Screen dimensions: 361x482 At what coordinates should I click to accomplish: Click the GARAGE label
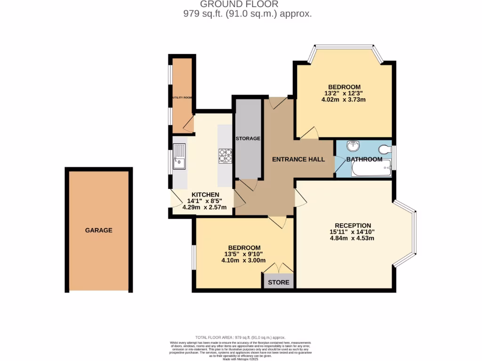(x=98, y=230)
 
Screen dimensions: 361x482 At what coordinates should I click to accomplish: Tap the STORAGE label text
(x=248, y=139)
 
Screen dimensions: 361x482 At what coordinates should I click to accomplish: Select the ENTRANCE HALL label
(x=298, y=159)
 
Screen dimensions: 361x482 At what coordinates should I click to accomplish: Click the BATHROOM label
(x=364, y=159)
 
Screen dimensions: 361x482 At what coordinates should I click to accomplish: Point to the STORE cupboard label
(x=279, y=283)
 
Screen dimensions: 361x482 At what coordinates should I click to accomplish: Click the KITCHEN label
(x=205, y=195)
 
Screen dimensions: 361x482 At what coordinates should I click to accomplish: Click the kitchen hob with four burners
(x=225, y=156)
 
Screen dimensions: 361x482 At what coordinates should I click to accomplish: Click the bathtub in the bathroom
(x=371, y=168)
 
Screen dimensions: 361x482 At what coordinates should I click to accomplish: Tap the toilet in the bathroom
(x=385, y=149)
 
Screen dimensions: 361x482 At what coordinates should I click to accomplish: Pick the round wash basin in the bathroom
(x=352, y=146)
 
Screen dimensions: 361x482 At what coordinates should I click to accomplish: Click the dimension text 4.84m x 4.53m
(x=352, y=238)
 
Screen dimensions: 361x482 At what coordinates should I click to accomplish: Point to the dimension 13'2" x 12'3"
(x=345, y=93)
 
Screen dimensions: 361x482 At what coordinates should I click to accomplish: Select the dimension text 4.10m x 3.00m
(x=243, y=260)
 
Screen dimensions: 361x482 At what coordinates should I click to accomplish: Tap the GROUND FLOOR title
(x=246, y=5)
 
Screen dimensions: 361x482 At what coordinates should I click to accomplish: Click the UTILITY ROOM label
(x=182, y=97)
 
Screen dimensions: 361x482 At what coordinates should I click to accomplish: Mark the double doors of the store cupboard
(x=279, y=268)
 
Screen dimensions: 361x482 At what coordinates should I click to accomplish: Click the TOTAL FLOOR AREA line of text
(x=241, y=337)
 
